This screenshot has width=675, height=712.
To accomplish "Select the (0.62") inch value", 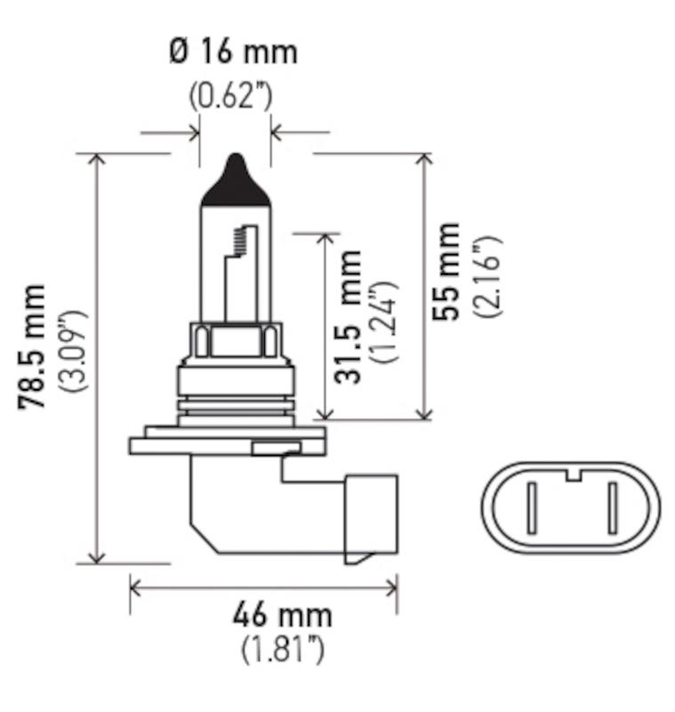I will coord(230,95).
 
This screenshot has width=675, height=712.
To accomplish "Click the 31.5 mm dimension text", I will coord(349,316).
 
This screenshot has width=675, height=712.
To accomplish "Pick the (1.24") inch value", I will coord(385,322).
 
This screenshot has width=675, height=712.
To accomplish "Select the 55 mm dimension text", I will coord(445,271).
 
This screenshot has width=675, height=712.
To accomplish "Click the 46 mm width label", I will coord(282,614).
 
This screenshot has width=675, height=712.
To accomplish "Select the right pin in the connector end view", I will coord(612,508).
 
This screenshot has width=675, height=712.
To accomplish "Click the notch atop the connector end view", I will coord(572,473).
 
